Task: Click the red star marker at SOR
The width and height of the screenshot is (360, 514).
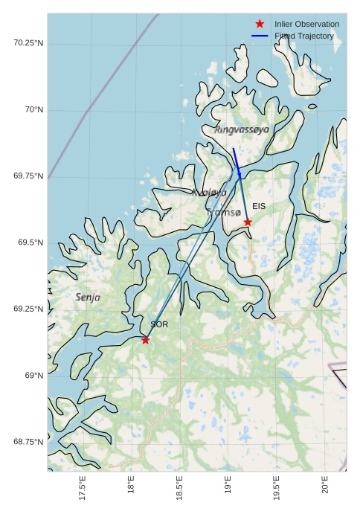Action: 146,340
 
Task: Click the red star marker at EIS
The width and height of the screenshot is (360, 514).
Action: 248,222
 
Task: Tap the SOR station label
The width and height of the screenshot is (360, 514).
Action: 159,325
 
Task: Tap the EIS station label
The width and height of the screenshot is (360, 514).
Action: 259,206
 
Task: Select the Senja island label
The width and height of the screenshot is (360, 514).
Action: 88,298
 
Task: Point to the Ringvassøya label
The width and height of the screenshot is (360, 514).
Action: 242,129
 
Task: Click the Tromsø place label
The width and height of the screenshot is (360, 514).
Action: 224,213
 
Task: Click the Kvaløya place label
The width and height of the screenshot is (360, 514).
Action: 209,193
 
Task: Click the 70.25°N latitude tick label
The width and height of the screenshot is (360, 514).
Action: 28,43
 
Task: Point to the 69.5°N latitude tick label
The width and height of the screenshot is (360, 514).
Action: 28,243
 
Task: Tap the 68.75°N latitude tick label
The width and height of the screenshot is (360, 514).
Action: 28,442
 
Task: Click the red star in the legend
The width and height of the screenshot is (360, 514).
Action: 260,25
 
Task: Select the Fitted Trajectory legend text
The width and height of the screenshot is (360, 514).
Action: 304,36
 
